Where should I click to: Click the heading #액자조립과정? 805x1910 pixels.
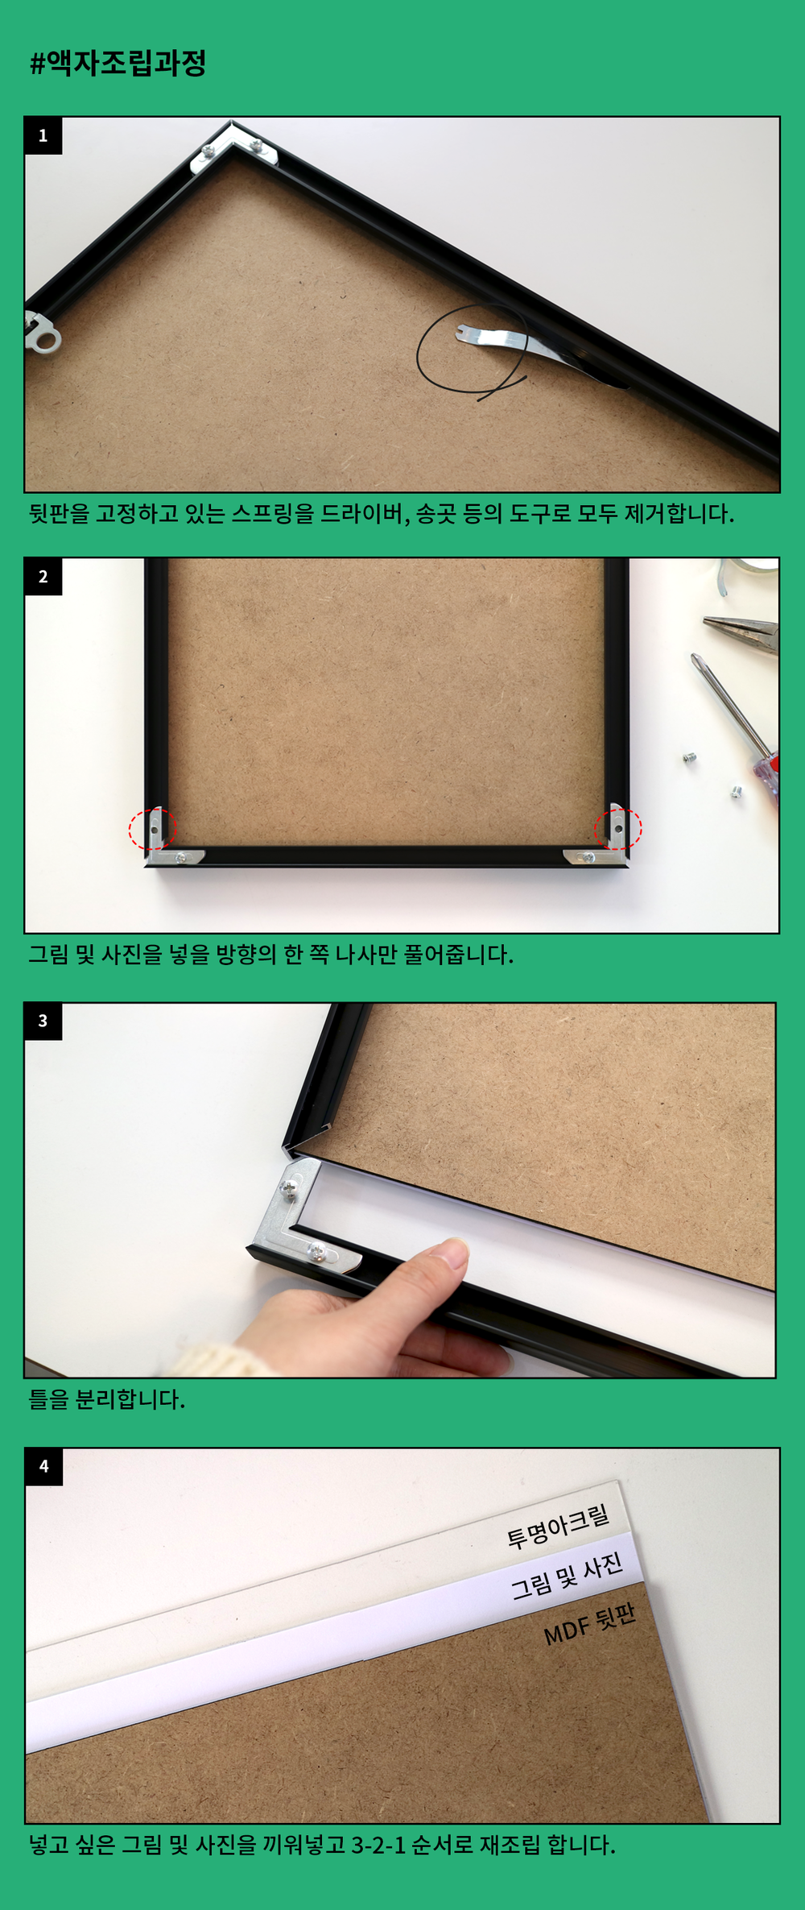click(118, 63)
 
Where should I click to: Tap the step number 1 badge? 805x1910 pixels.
click(43, 135)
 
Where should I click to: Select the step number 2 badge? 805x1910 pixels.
click(43, 577)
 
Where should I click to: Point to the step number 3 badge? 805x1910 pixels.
click(43, 1021)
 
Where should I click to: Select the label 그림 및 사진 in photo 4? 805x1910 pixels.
click(568, 1576)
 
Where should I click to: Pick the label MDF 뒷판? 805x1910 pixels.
click(590, 1624)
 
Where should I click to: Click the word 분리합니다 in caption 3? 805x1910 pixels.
click(130, 1399)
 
